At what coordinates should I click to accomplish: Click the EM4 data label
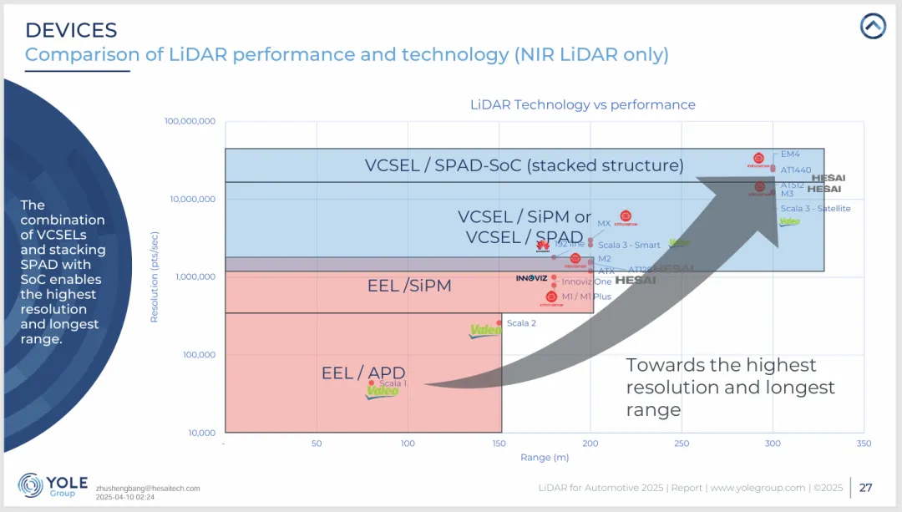790,155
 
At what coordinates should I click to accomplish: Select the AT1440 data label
795,170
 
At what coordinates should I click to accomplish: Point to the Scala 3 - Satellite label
815,208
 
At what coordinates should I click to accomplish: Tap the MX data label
604,224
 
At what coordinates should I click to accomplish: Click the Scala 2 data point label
521,323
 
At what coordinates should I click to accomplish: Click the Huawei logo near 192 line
541,245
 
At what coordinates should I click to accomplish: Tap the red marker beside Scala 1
372,383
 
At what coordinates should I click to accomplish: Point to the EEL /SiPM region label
409,286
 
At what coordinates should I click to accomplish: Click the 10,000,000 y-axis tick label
191,199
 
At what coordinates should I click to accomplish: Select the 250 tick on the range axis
682,444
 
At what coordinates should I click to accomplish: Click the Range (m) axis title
545,457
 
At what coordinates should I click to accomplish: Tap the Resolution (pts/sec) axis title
154,276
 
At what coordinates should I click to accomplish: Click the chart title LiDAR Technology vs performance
582,104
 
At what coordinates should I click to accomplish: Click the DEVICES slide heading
71,31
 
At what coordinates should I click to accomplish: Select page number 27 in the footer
866,487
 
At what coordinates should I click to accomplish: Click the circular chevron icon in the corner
873,27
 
